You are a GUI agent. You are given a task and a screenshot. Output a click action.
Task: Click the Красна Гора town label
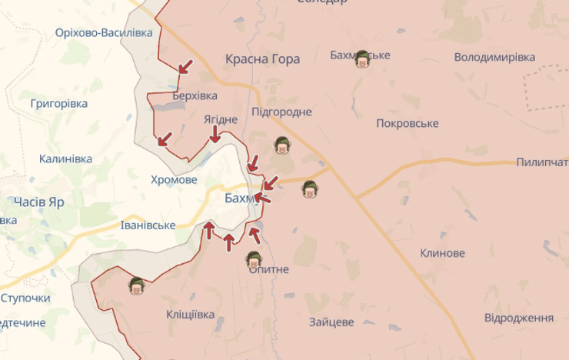click(262, 59)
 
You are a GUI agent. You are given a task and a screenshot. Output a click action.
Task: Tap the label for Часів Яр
click(38, 202)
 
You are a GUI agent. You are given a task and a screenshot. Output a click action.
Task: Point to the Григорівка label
click(59, 103)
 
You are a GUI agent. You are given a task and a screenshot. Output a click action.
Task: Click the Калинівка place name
click(65, 159)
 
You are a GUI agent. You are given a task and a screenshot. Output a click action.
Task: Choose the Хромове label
click(174, 179)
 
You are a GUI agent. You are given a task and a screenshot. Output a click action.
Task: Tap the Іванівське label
click(148, 225)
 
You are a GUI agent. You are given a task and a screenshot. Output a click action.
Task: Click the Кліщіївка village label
click(191, 314)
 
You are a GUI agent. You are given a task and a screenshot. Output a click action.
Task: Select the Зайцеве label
click(331, 322)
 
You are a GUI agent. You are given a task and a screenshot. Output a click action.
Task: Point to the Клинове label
click(442, 253)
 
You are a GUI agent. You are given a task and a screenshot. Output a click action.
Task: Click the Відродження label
click(519, 318)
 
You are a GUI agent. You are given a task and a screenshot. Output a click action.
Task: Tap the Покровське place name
click(408, 124)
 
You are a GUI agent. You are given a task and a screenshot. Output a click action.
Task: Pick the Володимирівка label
click(494, 58)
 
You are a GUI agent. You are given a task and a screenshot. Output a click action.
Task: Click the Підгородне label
click(281, 112)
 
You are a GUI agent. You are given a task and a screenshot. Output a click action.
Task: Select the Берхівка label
click(185, 95)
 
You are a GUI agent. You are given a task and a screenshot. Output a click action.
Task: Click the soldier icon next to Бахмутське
click(362, 60)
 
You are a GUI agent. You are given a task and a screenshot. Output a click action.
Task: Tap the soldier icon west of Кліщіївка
click(136, 286)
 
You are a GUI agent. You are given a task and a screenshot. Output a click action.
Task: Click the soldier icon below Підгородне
click(282, 145)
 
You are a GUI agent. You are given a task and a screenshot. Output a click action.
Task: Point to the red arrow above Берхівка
click(185, 67)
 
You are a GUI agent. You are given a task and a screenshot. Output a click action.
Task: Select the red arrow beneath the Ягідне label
click(215, 136)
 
